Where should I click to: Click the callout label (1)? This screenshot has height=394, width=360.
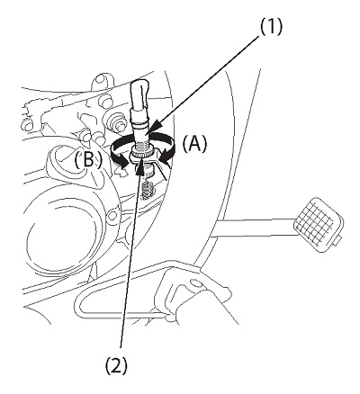coord(271,28)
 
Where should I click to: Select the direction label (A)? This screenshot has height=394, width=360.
coord(195,144)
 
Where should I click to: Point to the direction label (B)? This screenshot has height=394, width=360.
coord(88,161)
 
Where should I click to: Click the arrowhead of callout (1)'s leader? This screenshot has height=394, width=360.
coord(155,126)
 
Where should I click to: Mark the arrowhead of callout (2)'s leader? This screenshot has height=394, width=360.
coord(139,167)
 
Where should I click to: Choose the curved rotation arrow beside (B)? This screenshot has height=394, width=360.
coord(121,151)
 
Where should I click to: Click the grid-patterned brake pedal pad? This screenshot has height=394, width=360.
coord(319,222)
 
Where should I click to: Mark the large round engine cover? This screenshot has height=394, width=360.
coord(60,235)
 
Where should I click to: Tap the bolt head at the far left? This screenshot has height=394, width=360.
coord(28,123)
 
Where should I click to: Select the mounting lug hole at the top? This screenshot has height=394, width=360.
coord(101,80)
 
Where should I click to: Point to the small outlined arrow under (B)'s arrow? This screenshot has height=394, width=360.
coord(121,172)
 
